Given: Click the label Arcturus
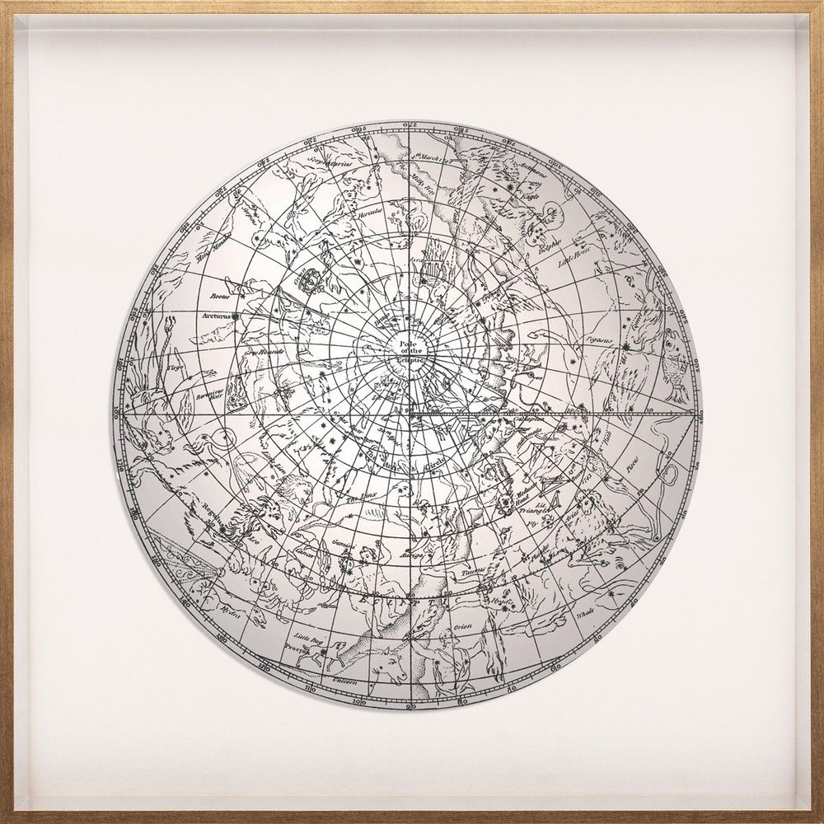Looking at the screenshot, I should point(216,315).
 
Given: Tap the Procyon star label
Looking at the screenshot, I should point(302,648).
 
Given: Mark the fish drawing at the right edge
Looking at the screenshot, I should point(673,363).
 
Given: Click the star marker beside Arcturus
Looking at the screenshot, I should point(236,316).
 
